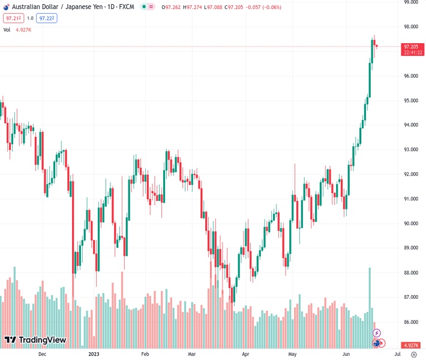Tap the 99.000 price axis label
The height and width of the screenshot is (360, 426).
[x=411, y=2]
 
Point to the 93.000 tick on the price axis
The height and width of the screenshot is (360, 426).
[x=411, y=149]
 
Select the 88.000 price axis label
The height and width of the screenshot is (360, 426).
[x=411, y=272]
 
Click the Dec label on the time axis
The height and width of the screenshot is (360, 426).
[x=42, y=354]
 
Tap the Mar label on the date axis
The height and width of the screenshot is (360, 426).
[x=192, y=354]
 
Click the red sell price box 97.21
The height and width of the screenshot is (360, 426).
[x=12, y=18]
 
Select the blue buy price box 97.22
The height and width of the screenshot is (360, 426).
[x=46, y=18]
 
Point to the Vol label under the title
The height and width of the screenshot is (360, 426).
[x=7, y=29]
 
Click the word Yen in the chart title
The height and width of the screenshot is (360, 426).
[x=100, y=6]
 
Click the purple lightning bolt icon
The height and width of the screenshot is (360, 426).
[x=377, y=332]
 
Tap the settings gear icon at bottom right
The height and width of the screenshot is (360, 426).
[x=413, y=354]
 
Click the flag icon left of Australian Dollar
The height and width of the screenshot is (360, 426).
[x=6, y=6]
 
